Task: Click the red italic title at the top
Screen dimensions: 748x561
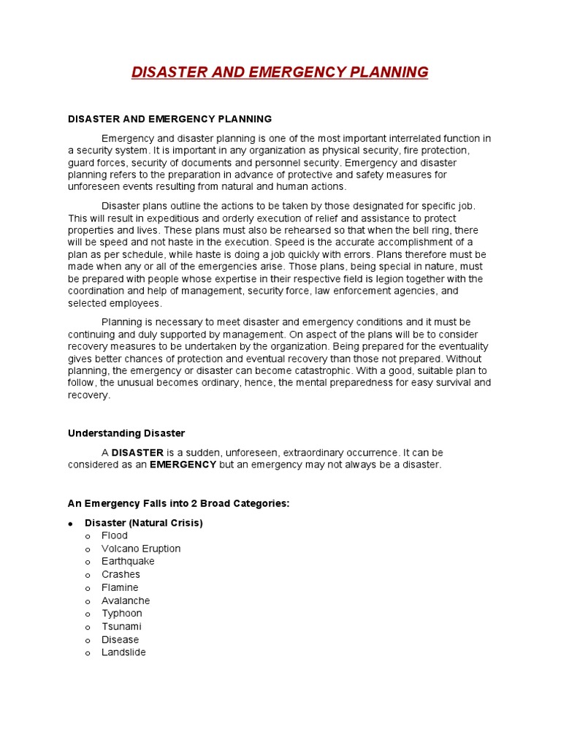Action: [280, 72]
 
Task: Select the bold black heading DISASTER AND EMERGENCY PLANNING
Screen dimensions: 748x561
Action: [169, 118]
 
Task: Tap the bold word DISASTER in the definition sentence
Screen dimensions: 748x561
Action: [137, 453]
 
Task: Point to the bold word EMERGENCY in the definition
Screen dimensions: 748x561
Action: [183, 465]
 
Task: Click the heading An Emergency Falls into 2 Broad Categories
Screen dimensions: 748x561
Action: [179, 503]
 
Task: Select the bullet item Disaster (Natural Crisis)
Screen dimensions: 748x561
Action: [144, 523]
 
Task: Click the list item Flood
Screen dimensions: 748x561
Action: [115, 535]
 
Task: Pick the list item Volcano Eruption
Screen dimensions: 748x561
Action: [141, 549]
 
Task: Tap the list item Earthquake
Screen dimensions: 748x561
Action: [128, 562]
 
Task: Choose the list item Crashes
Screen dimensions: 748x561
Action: [121, 575]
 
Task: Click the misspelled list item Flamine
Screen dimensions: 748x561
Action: [120, 587]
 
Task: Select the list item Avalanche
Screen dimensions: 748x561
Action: [126, 600]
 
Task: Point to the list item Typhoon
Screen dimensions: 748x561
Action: [122, 614]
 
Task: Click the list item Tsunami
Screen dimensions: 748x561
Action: [121, 627]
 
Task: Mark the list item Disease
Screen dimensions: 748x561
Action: [120, 640]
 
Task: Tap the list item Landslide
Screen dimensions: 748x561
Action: [123, 652]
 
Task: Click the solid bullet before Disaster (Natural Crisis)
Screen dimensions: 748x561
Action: [71, 524]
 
